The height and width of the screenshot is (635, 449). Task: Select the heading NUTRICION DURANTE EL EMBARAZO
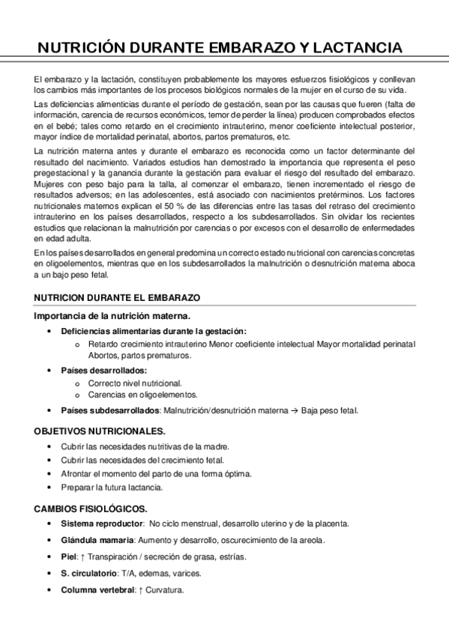[x=117, y=298]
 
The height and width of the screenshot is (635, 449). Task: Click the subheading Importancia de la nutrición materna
[x=112, y=316]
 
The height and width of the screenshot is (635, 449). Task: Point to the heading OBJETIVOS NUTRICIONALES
[x=100, y=431]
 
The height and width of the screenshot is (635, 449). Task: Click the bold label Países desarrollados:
[x=104, y=370]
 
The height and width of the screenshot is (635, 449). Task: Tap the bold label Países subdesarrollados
[x=110, y=410]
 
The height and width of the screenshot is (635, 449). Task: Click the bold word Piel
[x=69, y=556]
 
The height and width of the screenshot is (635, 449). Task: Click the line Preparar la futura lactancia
[x=112, y=487]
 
